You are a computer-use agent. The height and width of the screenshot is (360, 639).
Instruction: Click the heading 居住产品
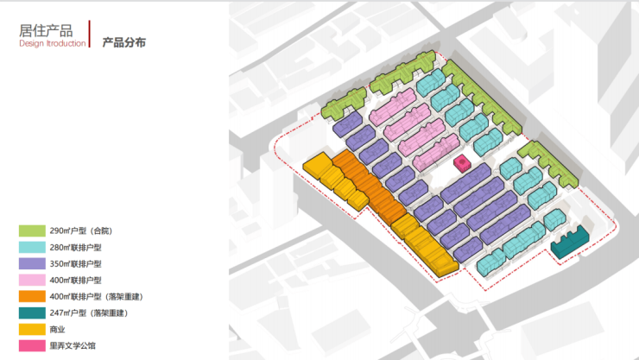click(46, 30)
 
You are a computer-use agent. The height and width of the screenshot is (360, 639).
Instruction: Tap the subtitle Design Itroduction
click(53, 43)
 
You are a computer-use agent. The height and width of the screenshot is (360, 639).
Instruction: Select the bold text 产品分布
click(123, 42)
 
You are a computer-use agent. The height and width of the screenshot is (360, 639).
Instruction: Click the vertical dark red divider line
click(90, 34)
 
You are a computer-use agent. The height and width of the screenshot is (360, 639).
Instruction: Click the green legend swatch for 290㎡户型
click(32, 231)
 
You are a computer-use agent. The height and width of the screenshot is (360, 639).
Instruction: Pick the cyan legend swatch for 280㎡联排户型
click(32, 247)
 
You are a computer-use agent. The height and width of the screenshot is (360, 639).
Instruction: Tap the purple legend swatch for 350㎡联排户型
click(32, 263)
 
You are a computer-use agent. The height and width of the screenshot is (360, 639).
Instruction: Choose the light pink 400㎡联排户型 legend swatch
click(32, 280)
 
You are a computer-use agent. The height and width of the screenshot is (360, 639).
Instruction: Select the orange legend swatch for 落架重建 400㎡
click(32, 296)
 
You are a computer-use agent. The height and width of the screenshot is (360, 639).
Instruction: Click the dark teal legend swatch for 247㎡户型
click(32, 313)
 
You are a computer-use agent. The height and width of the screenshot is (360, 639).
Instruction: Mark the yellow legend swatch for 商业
click(32, 329)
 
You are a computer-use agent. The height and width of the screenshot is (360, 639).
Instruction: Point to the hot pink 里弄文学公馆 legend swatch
click(32, 345)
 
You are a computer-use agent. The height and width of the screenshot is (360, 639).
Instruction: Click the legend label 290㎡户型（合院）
click(81, 231)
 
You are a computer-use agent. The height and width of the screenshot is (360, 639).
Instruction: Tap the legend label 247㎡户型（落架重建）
click(89, 313)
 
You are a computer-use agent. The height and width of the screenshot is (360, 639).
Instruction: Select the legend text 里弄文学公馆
click(73, 346)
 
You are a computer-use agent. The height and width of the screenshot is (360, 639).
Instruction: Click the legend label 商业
click(58, 330)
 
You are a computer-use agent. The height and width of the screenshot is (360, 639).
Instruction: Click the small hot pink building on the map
click(463, 163)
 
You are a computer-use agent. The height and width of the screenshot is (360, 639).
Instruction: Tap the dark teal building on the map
click(569, 242)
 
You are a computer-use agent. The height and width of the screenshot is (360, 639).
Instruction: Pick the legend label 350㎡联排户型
click(75, 264)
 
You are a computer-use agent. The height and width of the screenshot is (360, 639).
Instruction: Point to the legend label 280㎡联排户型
click(75, 248)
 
